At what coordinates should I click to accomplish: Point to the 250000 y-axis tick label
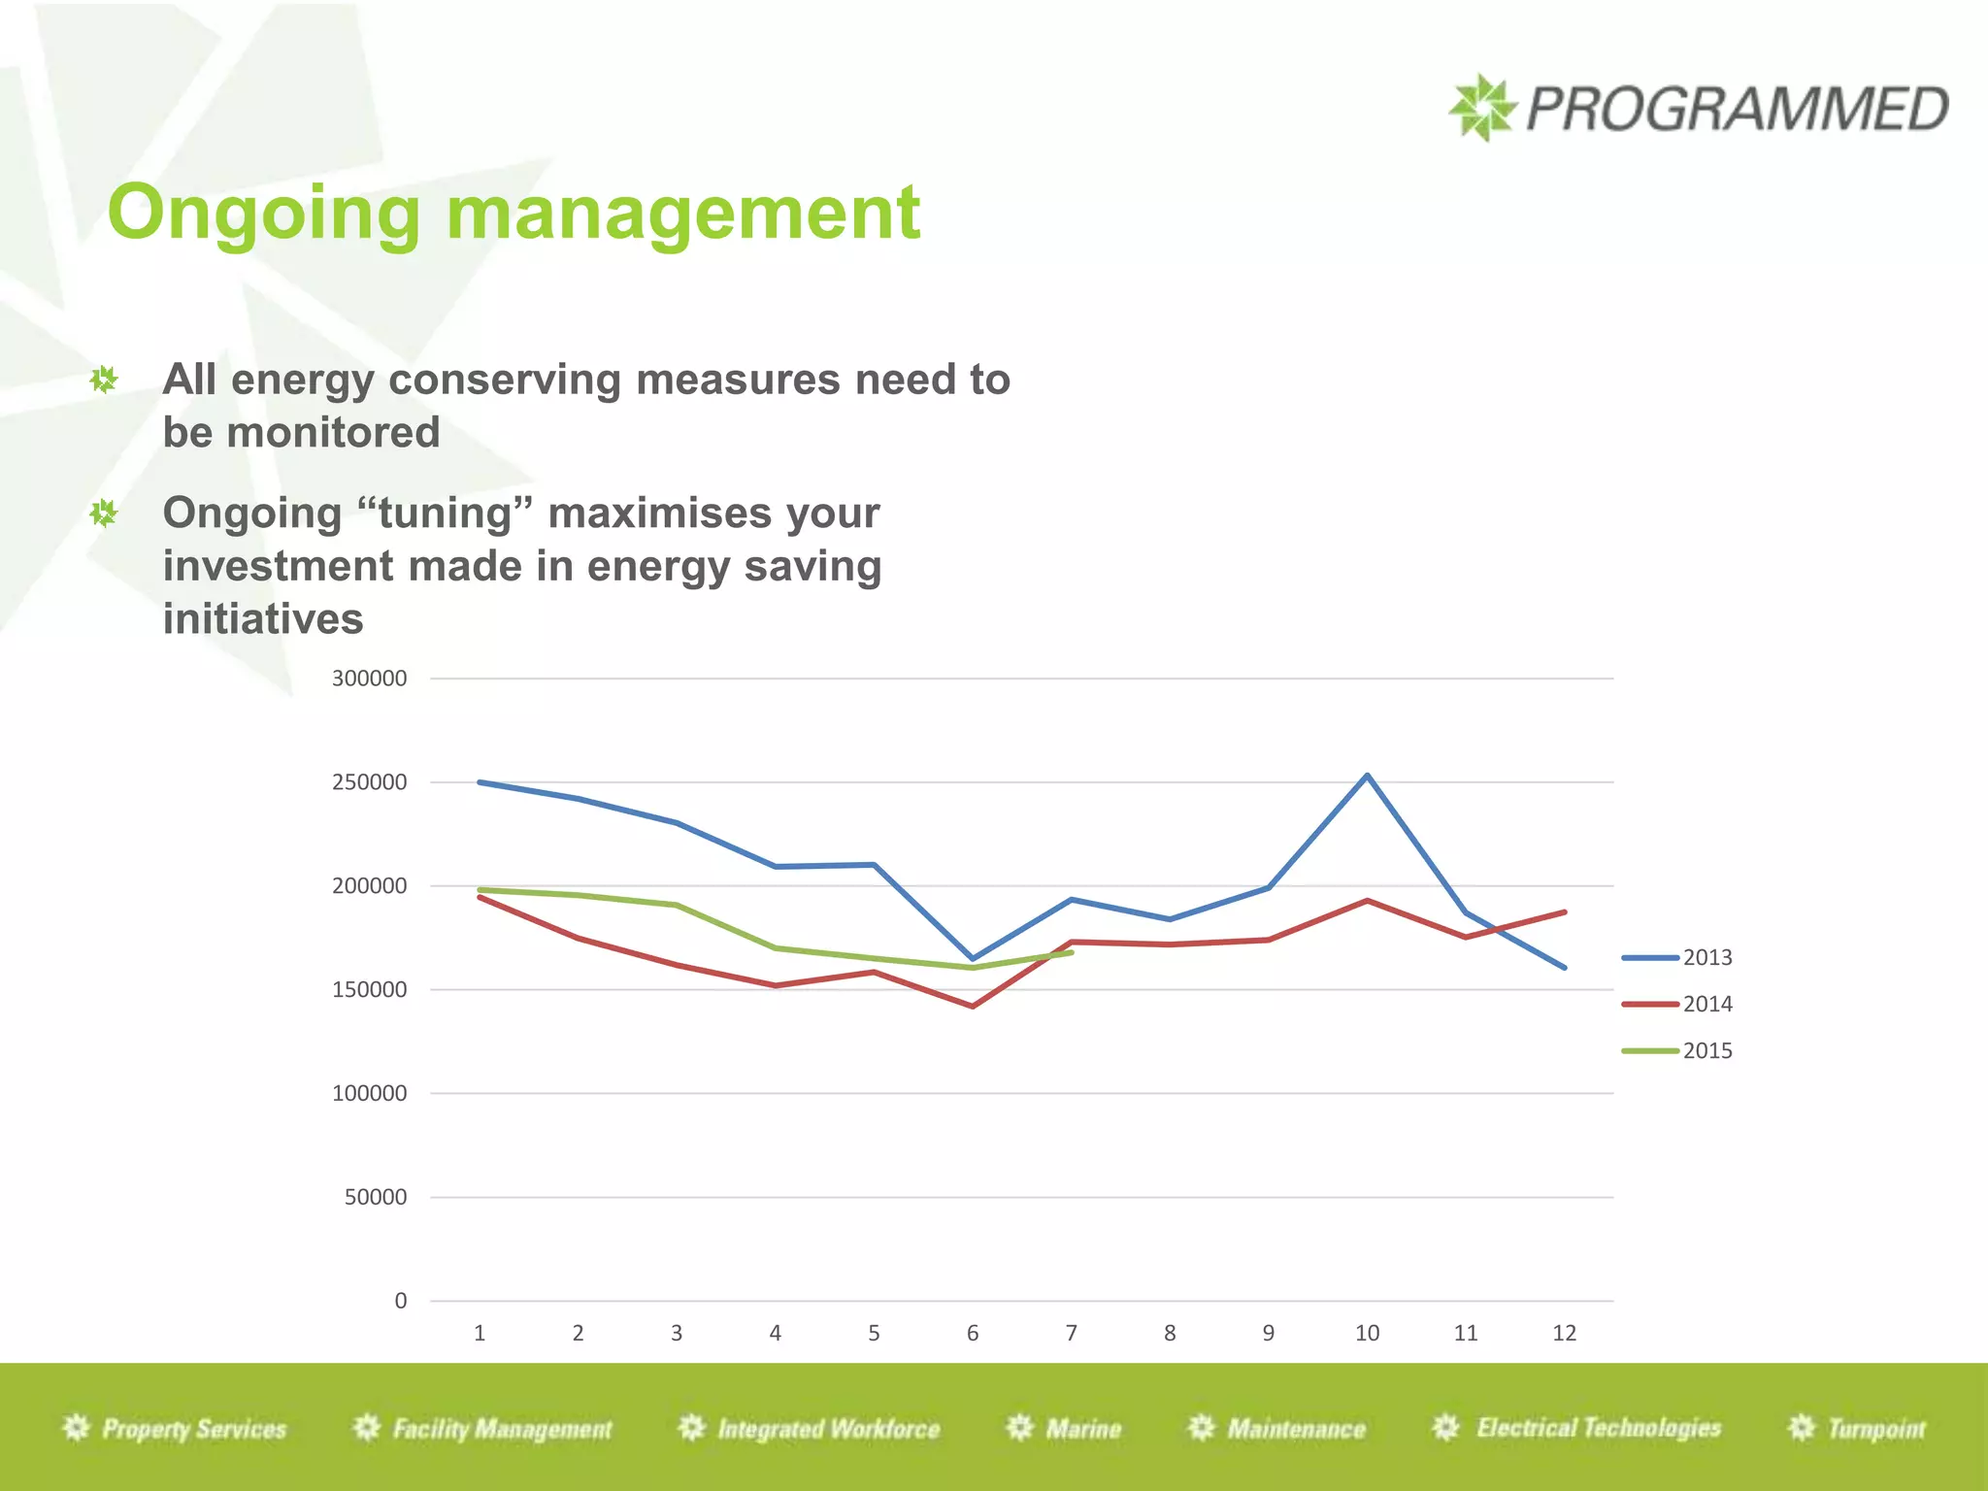[x=369, y=782]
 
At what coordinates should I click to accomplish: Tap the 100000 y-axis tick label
[x=369, y=1094]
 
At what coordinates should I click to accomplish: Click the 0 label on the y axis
[x=400, y=1302]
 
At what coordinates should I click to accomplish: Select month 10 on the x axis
[x=1367, y=1334]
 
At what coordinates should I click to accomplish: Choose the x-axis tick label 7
[x=1071, y=1334]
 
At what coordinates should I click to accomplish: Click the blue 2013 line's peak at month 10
[x=1367, y=776]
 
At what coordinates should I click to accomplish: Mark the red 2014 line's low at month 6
[x=973, y=1006]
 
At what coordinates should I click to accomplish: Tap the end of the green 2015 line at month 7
[x=1071, y=953]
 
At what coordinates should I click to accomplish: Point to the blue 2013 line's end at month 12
[x=1564, y=967]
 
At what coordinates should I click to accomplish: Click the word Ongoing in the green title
[x=263, y=214]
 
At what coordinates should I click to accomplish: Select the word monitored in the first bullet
[x=333, y=433]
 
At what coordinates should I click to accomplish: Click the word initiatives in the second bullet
[x=262, y=619]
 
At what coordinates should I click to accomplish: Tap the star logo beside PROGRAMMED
[x=1481, y=108]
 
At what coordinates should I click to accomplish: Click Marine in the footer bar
[x=1082, y=1429]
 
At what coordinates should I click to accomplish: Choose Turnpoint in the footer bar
[x=1875, y=1429]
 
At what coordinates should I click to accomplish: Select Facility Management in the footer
[x=501, y=1429]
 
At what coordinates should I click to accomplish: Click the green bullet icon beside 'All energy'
[x=104, y=380]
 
